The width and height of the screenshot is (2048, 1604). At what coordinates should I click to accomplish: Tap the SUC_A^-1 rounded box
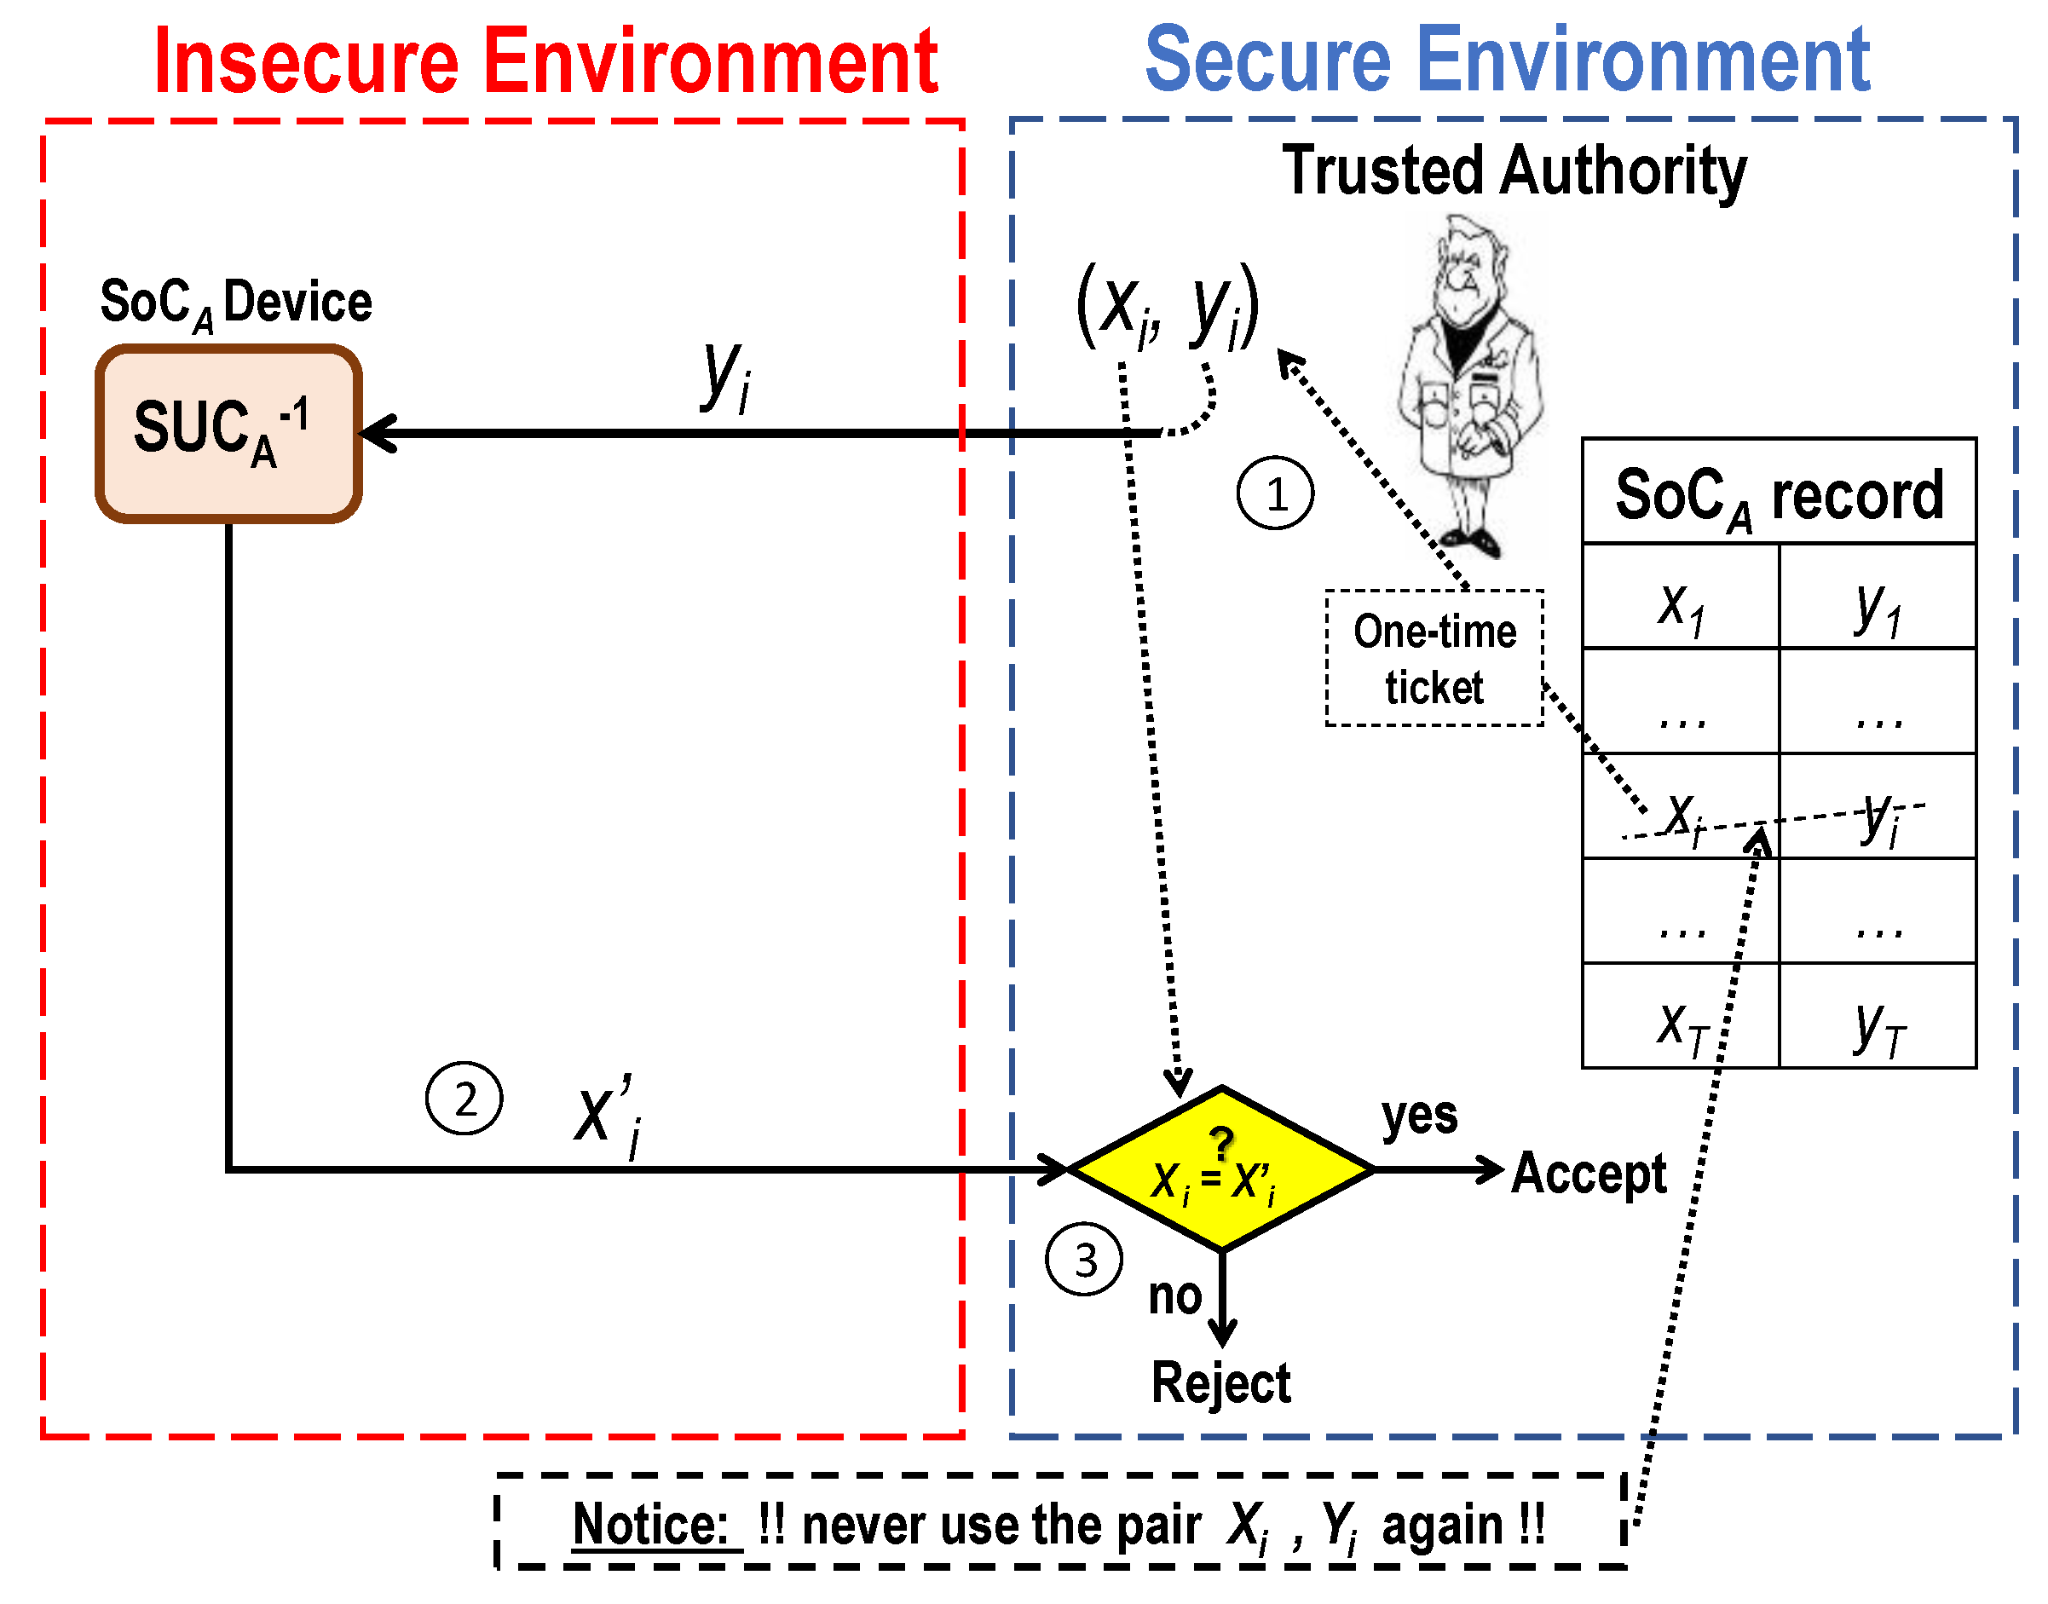pos(228,433)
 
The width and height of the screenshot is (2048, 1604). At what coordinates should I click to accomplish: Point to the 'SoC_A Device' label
pos(236,303)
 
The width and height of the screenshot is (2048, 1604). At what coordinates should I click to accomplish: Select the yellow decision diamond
pos(1220,1168)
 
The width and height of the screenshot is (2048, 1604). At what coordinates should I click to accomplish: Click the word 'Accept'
pos(1588,1173)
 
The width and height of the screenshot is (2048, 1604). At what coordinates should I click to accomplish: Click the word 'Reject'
pos(1220,1382)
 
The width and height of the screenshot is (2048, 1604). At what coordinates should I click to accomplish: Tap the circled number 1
pos(1274,493)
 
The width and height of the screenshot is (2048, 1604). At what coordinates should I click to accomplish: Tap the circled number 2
pos(464,1098)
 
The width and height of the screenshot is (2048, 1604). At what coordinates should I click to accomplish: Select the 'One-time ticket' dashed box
pos(1433,657)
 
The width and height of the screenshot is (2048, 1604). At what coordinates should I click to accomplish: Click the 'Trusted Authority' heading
pos(1514,171)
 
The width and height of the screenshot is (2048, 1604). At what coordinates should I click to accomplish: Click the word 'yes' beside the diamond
pos(1419,1116)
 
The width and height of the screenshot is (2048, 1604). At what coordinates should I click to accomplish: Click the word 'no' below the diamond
pos(1174,1296)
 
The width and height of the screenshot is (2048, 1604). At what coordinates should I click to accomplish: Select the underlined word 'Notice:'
pos(651,1523)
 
